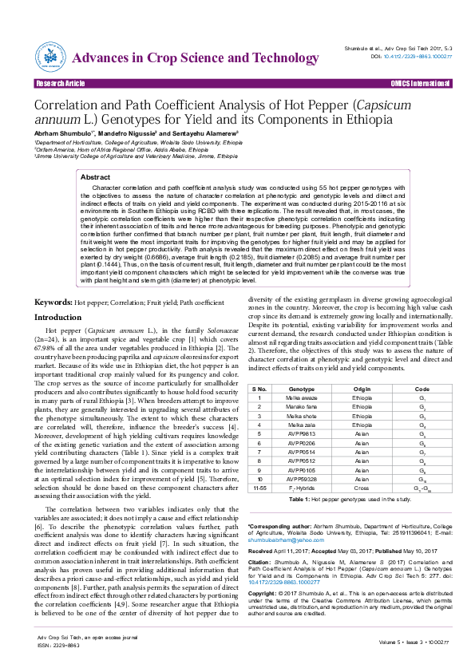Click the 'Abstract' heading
pyautogui.click(x=97, y=177)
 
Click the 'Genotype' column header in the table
pyautogui.click(x=290, y=388)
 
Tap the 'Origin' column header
pyautogui.click(x=362, y=388)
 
